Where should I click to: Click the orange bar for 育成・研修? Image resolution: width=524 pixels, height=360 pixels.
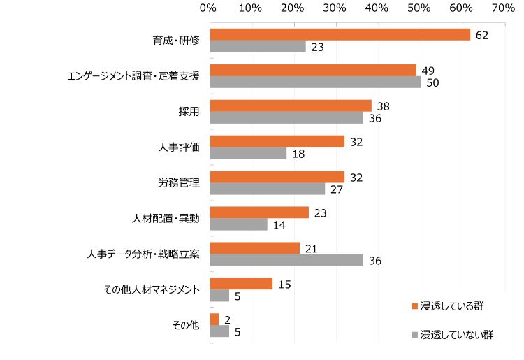pos(340,34)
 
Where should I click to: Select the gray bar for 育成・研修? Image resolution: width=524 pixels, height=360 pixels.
pos(258,47)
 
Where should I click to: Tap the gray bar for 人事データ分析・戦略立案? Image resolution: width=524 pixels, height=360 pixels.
pos(286,260)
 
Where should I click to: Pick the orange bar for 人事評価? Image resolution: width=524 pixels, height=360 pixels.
pos(277,141)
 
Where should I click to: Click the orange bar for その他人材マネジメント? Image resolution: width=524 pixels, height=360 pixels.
pos(241,283)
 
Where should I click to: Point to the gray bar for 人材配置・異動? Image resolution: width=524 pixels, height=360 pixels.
pos(239,224)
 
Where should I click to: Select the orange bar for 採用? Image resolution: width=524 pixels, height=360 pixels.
pos(291,106)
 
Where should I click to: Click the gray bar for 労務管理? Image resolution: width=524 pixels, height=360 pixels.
pos(268,189)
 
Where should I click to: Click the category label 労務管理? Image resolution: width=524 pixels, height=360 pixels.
pos(179,183)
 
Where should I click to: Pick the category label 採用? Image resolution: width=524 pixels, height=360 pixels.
pos(189,112)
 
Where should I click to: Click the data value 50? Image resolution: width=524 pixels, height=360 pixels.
pos(433,82)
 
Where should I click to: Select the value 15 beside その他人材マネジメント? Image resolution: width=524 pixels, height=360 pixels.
pos(284,283)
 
